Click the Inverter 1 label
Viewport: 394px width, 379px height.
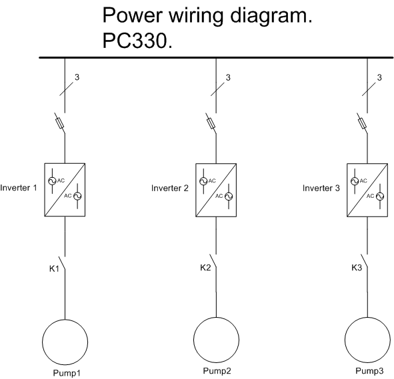[19, 188]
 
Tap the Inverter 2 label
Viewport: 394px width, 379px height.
[170, 188]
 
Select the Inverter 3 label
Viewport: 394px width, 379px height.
[321, 188]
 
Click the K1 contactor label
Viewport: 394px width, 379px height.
[54, 269]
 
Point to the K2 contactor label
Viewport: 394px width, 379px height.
[205, 268]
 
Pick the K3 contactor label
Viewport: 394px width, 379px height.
[357, 268]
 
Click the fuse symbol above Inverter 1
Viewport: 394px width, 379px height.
[60, 123]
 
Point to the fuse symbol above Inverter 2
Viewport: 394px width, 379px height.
[211, 123]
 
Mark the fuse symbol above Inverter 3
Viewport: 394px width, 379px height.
[362, 123]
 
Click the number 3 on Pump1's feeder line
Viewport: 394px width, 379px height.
[77, 77]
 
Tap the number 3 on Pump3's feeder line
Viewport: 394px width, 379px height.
[379, 77]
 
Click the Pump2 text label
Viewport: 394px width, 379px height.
[217, 371]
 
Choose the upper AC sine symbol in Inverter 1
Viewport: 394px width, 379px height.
[52, 181]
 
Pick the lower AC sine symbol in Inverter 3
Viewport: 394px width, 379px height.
[380, 196]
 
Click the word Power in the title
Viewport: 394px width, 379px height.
[132, 15]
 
